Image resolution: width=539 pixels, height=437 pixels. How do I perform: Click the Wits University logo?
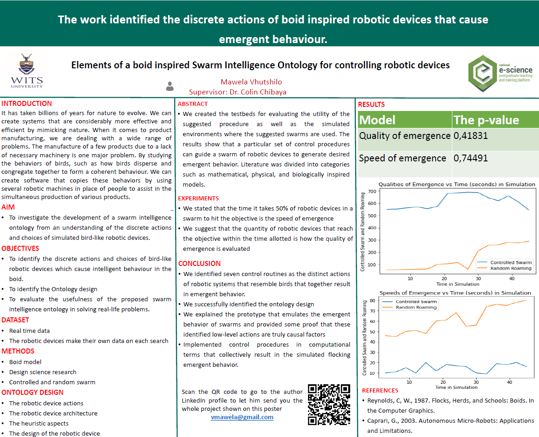click(x=27, y=71)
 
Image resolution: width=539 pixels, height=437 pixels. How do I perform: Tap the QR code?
click(x=329, y=404)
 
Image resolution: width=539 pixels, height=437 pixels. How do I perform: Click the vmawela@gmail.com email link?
click(x=242, y=417)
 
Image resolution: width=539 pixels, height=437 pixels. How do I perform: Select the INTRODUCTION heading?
click(x=27, y=104)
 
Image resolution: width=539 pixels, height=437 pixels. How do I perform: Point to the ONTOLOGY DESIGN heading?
click(x=33, y=392)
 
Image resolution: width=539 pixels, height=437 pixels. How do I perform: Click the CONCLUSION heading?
click(x=199, y=264)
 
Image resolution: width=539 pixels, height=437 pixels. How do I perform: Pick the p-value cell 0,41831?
click(x=471, y=136)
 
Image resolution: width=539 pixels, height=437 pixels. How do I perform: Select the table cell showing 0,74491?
click(x=471, y=158)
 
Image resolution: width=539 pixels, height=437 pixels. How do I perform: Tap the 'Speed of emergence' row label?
click(x=402, y=158)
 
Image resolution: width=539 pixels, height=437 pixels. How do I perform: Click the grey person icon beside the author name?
click(x=170, y=86)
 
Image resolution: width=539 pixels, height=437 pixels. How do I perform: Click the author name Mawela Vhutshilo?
click(x=251, y=82)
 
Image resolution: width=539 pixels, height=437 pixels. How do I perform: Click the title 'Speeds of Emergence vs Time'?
click(x=455, y=293)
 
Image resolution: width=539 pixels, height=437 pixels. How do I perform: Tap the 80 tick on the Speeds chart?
click(x=372, y=301)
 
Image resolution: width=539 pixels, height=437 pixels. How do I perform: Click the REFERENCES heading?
click(x=380, y=391)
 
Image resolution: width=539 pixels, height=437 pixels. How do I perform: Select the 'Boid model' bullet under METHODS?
click(x=25, y=362)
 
